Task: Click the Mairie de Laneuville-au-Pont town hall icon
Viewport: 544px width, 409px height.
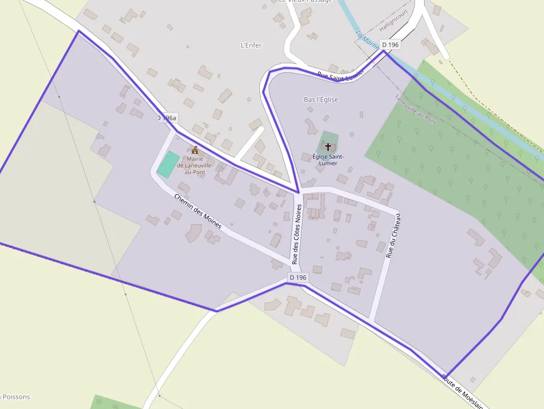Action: pos(195,150)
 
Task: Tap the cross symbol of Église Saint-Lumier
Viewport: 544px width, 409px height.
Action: pos(328,147)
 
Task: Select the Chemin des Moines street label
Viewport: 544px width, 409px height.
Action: pos(198,211)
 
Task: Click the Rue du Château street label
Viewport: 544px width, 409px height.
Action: pos(392,236)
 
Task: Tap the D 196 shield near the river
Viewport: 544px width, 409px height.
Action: pos(390,44)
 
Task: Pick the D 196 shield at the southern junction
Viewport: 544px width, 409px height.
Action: pos(298,277)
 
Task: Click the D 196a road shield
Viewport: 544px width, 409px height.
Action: pos(167,118)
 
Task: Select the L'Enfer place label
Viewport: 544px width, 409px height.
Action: pos(251,45)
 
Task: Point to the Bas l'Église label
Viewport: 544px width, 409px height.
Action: pos(321,99)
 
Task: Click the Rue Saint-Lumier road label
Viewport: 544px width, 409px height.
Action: pos(340,75)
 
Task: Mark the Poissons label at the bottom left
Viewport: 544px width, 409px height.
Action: pos(17,397)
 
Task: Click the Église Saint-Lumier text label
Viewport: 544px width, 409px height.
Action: pos(328,160)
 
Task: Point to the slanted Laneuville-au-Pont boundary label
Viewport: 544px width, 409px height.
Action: pos(416,110)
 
